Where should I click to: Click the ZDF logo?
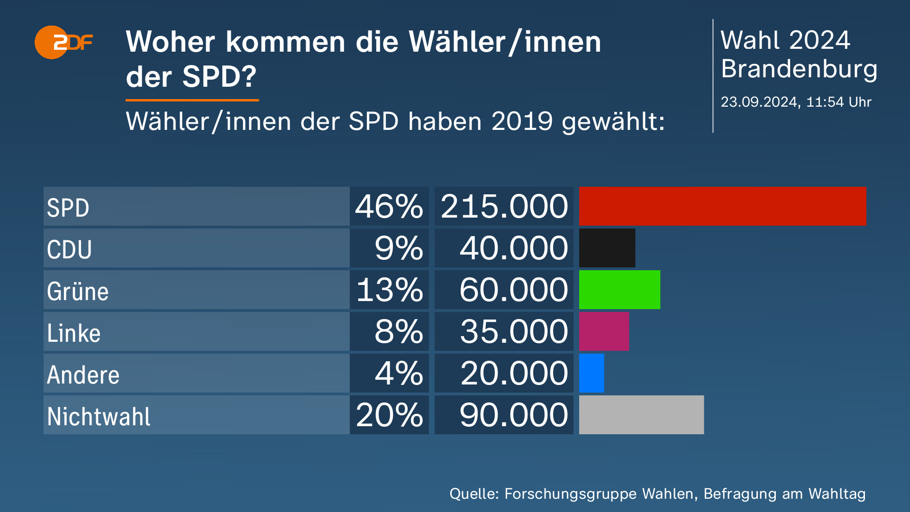coord(64,43)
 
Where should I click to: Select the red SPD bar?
coord(722,206)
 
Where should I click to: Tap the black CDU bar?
coord(607,248)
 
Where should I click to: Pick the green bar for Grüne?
coord(619,290)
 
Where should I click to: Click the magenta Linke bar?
coord(603,331)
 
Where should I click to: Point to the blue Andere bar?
coord(591,373)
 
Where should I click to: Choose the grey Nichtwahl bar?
coord(641,415)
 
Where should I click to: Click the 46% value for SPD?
coord(389,207)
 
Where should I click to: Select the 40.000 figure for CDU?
coord(513,248)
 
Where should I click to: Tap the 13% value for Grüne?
coord(390,290)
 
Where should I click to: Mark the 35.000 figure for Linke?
coord(513,332)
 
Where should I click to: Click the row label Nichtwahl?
coord(99,417)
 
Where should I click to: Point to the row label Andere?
coord(83,375)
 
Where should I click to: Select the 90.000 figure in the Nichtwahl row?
coord(513,415)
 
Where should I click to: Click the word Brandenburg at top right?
coord(799,69)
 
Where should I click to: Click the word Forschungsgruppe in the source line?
coord(570,494)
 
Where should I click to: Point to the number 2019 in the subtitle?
coord(522,121)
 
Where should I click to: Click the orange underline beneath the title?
coord(192,100)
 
